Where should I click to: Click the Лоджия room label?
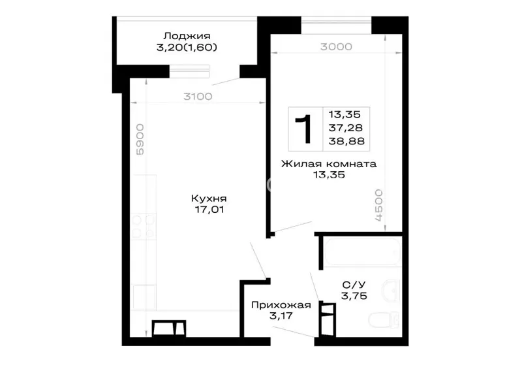click(187, 36)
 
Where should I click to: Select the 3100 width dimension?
click(198, 97)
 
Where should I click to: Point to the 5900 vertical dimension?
click(140, 139)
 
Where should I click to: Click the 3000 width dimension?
click(336, 46)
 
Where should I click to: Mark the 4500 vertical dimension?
click(378, 205)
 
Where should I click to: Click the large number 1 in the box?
click(303, 129)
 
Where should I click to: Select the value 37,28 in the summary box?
click(346, 127)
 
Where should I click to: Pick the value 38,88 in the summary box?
click(346, 141)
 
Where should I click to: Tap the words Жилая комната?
click(329, 164)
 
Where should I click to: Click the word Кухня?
click(209, 199)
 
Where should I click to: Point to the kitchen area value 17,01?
click(209, 210)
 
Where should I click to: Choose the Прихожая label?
click(281, 305)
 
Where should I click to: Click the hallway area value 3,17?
click(281, 315)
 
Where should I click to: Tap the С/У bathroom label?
click(354, 285)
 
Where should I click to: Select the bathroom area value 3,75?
click(354, 296)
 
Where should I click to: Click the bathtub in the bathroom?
click(362, 251)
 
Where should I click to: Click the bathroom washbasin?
click(391, 291)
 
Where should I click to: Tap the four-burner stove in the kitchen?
click(144, 227)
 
